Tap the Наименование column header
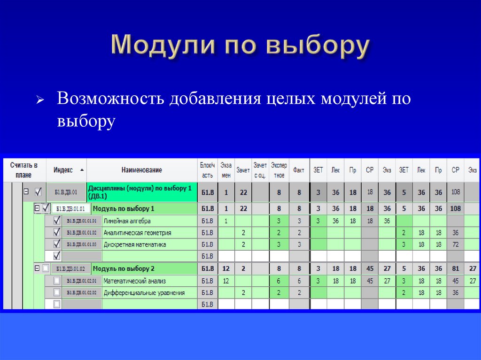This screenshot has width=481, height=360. tap(141, 170)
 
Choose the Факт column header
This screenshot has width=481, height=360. tap(299, 170)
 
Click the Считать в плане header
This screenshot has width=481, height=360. tap(23, 170)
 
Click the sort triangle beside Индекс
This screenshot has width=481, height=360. tap(82, 169)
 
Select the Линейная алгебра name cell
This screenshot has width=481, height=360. tap(127, 221)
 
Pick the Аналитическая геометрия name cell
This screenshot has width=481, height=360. tap(137, 233)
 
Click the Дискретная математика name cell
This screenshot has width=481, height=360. tap(135, 245)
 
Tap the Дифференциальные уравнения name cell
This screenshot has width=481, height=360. tap(144, 293)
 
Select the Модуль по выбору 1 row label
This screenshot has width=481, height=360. tap(124, 208)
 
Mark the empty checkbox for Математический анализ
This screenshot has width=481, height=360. tap(57, 281)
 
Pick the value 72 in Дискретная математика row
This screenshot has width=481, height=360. tap(455, 245)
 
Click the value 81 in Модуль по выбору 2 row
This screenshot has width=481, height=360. tap(455, 269)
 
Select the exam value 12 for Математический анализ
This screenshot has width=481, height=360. tap(226, 281)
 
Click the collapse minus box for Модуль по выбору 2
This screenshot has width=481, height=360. tap(37, 268)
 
